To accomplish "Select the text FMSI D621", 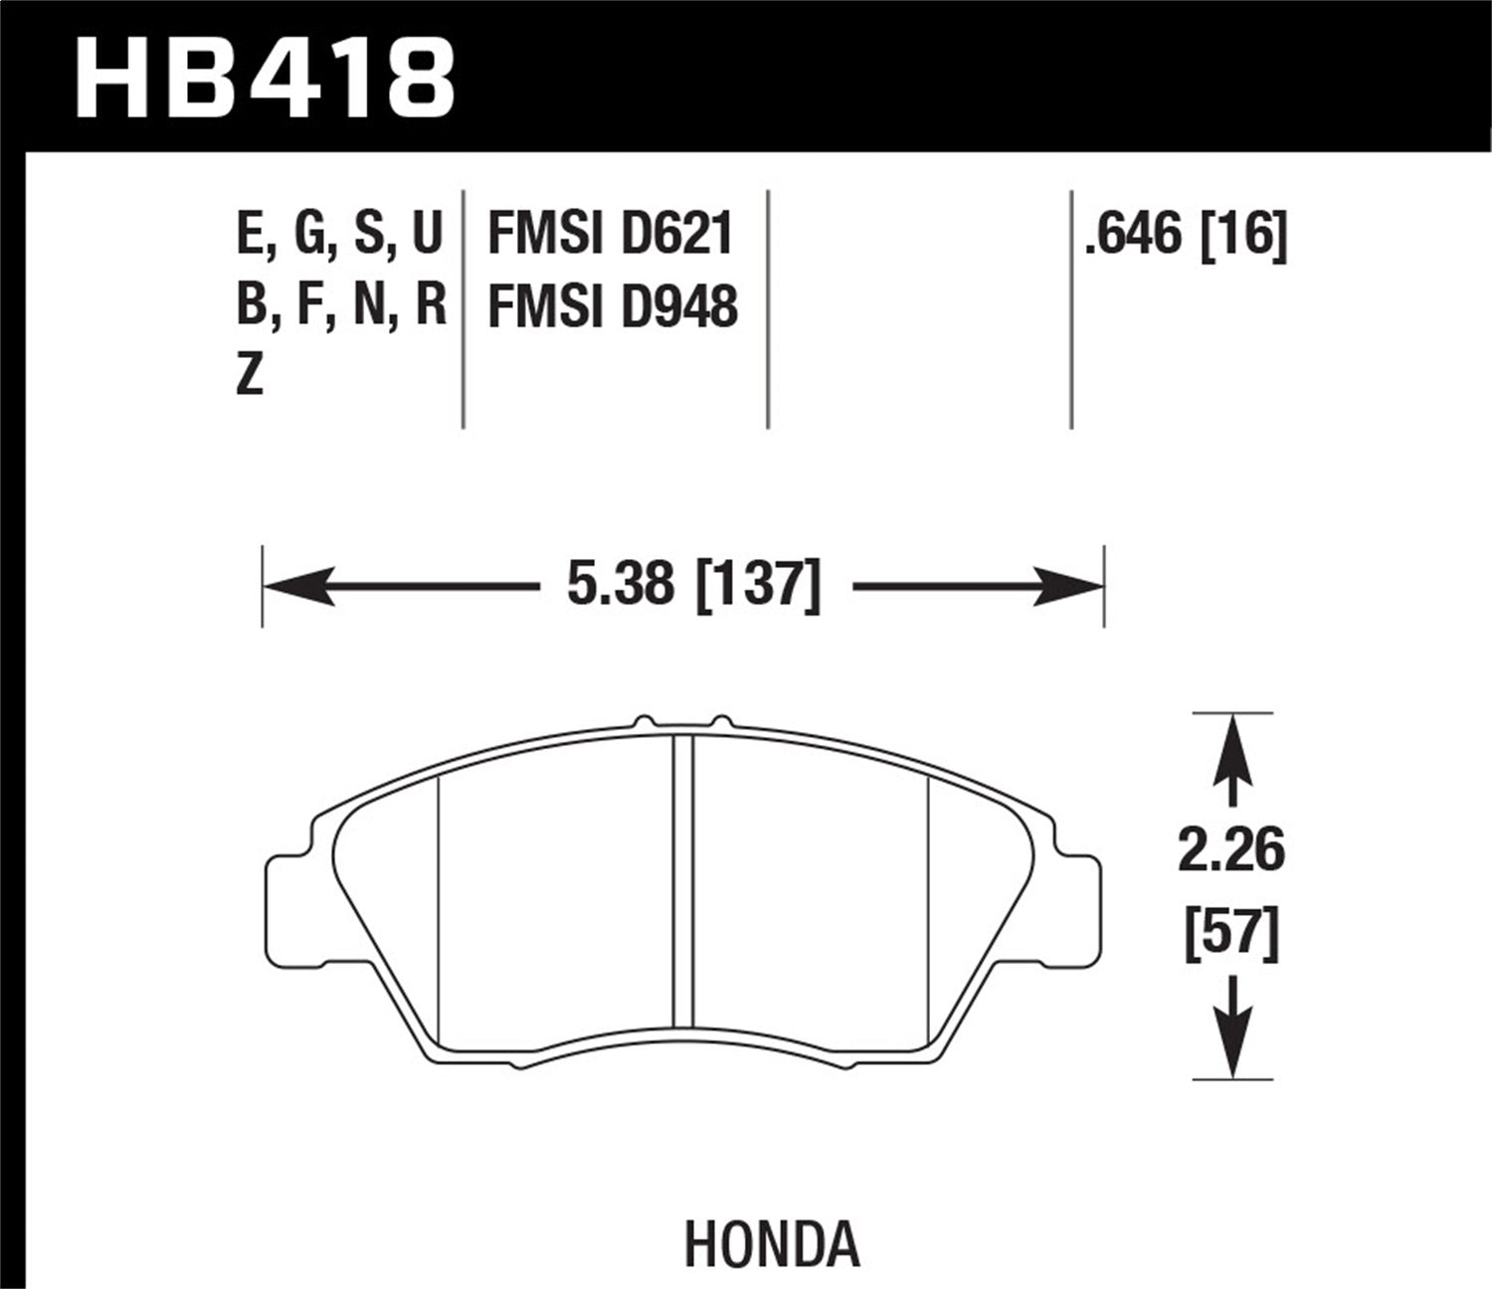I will point(610,236).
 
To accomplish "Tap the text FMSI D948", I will point(612,306).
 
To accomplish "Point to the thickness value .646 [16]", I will point(1186,236).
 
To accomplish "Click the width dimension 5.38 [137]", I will point(693,585).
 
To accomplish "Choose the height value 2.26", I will point(1231,851).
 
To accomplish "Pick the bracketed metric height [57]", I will point(1231,935).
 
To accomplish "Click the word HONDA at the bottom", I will point(771,1243).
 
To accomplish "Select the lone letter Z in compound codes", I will point(250,377).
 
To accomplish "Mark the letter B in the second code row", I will point(252,306).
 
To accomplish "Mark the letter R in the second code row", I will point(430,306).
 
